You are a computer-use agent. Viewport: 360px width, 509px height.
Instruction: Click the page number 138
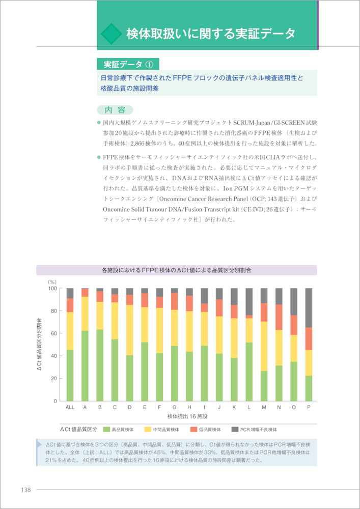click(25, 490)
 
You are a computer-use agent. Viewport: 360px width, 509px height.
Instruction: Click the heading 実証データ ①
click(128, 65)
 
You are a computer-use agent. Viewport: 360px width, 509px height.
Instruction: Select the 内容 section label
click(115, 110)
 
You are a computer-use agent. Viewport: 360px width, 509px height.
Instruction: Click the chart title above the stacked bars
click(176, 270)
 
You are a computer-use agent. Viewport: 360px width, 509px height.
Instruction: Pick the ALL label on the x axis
click(70, 408)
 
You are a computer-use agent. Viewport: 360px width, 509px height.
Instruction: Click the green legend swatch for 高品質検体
click(107, 429)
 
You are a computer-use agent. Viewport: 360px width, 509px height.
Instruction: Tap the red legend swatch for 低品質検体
click(195, 429)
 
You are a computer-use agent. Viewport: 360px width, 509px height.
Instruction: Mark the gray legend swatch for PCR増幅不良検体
click(236, 429)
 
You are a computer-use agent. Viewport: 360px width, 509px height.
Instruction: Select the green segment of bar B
click(99, 365)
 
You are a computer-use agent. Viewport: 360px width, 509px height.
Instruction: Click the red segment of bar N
click(279, 317)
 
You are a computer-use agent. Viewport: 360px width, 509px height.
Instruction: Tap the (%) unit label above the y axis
click(52, 281)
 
